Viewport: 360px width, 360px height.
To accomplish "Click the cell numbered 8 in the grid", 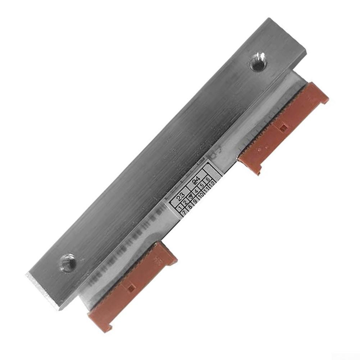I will (190, 206).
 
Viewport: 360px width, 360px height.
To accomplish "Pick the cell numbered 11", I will (207, 190).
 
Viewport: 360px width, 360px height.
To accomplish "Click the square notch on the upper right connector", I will (283, 127).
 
